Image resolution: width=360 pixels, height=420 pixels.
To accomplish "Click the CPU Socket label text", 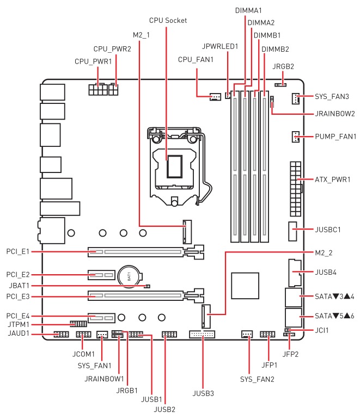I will [169, 21].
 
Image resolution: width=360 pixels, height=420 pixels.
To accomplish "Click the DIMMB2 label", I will [274, 50].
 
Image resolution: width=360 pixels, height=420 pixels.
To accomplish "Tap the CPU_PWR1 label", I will [93, 61].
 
